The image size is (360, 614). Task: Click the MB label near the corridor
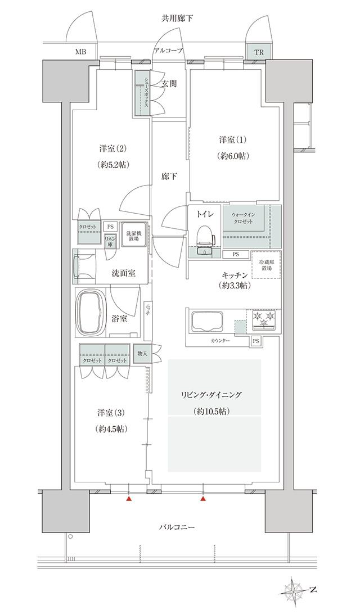click(x=81, y=52)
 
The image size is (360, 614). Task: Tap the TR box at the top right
click(x=258, y=52)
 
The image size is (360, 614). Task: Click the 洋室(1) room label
click(x=233, y=139)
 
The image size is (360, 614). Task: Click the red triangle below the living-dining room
click(x=203, y=498)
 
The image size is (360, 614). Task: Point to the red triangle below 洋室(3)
click(x=129, y=498)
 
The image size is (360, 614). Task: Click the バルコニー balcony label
click(x=177, y=528)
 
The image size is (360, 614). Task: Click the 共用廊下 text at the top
click(x=177, y=19)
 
